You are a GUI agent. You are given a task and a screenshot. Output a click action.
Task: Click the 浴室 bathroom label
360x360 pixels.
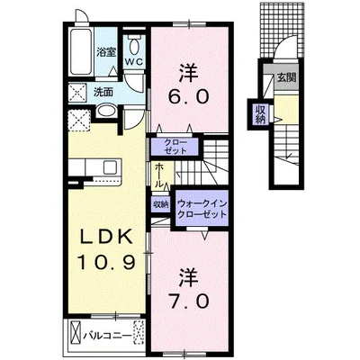pyautogui.click(x=106, y=52)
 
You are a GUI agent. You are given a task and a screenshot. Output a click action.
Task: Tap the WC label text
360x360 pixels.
pyautogui.click(x=134, y=61)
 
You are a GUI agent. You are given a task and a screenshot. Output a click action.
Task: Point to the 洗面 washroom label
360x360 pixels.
pyautogui.click(x=103, y=92)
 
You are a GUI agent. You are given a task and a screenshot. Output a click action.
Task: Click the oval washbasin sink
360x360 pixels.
pyautogui.click(x=107, y=111)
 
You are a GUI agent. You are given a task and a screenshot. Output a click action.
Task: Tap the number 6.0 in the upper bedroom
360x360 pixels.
pyautogui.click(x=189, y=96)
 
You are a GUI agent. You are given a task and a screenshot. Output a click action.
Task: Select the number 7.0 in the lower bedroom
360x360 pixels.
pyautogui.click(x=189, y=301)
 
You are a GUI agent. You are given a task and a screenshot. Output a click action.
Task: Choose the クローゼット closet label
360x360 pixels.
pyautogui.click(x=175, y=146)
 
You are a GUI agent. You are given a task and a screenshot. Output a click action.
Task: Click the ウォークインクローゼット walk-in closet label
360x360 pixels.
pyautogui.click(x=202, y=209)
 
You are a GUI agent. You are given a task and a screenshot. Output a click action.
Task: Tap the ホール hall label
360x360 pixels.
pyautogui.click(x=159, y=176)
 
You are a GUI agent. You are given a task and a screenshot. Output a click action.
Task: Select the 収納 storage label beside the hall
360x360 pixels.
pyautogui.click(x=161, y=205)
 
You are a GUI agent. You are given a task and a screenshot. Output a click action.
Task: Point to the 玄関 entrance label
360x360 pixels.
pyautogui.click(x=286, y=78)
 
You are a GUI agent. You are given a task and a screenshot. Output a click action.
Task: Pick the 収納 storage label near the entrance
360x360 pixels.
pyautogui.click(x=261, y=114)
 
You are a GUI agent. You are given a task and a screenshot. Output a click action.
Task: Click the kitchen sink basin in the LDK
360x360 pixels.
pyautogui.click(x=111, y=167)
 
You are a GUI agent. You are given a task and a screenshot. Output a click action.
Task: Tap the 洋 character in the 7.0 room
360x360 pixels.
pyautogui.click(x=189, y=278)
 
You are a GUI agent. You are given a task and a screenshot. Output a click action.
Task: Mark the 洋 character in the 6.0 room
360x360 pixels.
pyautogui.click(x=189, y=73)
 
